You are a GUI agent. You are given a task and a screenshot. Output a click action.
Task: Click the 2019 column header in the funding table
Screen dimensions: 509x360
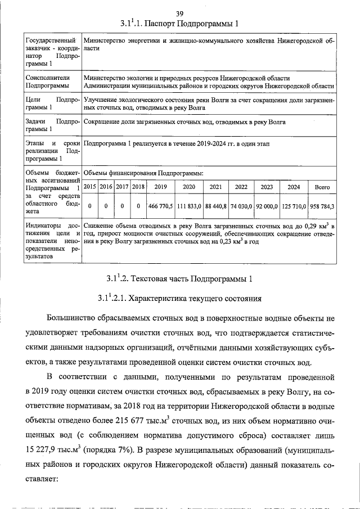click(161, 187)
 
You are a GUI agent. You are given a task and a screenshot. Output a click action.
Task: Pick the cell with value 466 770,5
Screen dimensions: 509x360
click(161, 206)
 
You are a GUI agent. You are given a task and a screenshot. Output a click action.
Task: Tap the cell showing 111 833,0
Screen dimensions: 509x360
click(189, 206)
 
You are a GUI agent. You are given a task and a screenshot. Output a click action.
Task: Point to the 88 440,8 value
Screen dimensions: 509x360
click(215, 206)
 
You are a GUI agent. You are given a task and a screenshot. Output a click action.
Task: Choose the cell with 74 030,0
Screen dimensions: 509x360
click(241, 206)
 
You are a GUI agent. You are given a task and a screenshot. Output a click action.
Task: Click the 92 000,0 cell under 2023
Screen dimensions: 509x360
click(267, 206)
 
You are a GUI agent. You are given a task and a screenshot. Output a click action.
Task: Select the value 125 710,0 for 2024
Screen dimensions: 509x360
click(294, 206)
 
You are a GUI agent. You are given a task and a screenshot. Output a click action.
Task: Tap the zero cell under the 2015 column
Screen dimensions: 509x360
click(90, 206)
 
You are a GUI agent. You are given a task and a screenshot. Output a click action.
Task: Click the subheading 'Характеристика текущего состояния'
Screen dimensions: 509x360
click(197, 298)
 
